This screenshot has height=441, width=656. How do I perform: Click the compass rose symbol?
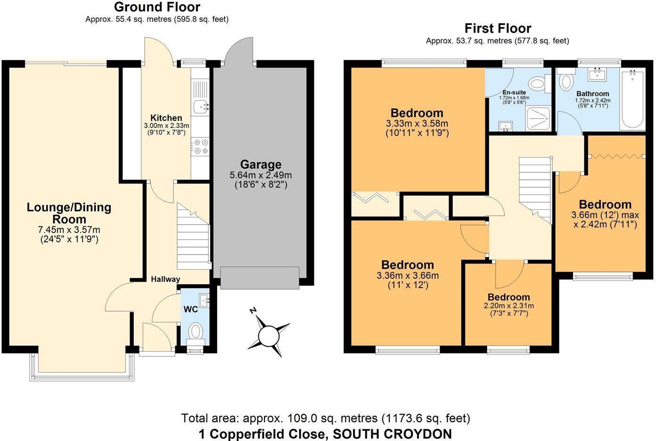(x=269, y=336)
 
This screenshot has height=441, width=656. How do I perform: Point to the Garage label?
(x=261, y=164)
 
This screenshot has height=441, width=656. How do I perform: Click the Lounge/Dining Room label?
(x=69, y=213)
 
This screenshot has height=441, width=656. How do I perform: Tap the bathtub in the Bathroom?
(x=632, y=99)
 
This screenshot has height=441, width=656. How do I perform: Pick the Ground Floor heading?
(x=157, y=7)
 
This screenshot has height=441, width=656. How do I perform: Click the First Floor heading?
(x=498, y=28)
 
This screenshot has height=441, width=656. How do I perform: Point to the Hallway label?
(x=165, y=279)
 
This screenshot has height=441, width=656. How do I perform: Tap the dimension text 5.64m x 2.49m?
(x=261, y=175)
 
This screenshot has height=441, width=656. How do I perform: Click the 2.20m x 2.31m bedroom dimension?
(x=508, y=305)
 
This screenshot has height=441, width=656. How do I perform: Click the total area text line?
(x=326, y=418)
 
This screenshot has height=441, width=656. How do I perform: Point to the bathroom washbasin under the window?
(x=599, y=74)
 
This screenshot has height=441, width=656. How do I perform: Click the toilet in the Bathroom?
(x=566, y=80)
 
